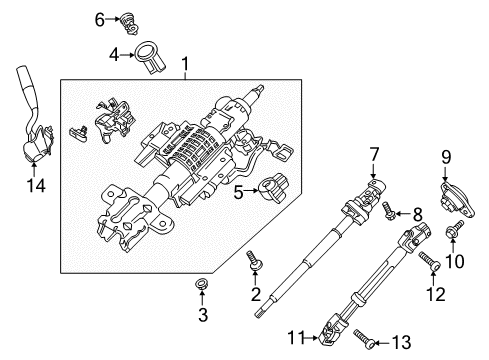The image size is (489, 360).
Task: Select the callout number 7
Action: coord(372,154)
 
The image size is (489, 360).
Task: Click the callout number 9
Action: coord(447,155)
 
